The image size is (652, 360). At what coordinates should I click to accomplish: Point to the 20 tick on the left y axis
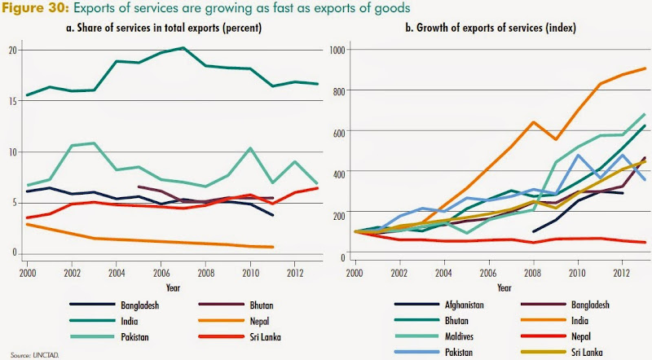pyautogui.click(x=12, y=50)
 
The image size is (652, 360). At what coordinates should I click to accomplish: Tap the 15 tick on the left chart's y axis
pyautogui.click(x=12, y=101)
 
